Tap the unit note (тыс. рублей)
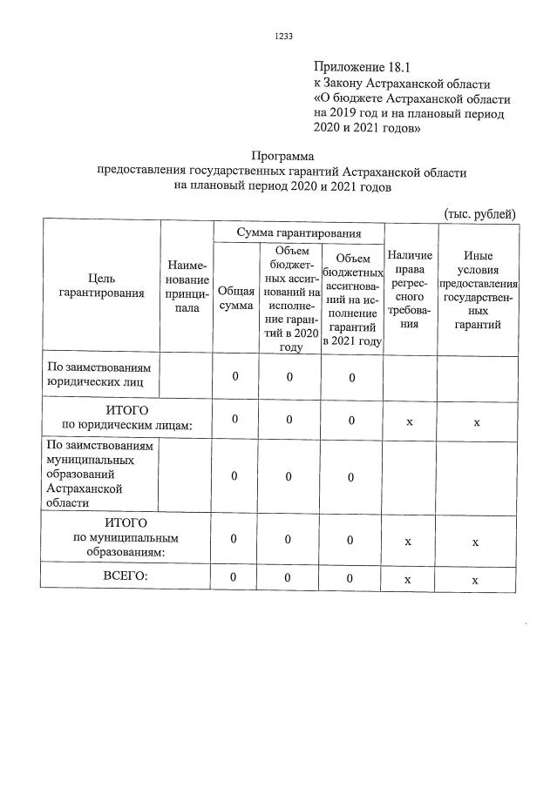click(480, 214)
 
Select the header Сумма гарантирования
click(299, 232)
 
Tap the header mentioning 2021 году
click(352, 298)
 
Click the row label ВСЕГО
click(126, 576)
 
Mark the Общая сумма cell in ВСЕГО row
click(234, 578)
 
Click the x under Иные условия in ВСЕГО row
click(475, 580)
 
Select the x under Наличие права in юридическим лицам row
click(409, 421)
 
